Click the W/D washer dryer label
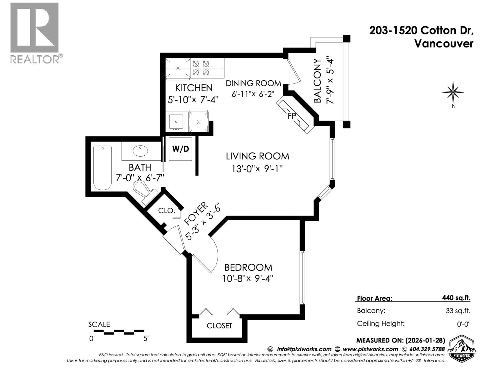click(181, 149)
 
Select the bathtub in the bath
click(102, 168)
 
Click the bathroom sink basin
click(140, 151)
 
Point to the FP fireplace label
click(292, 116)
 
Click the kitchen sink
click(176, 121)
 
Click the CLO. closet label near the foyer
click(166, 211)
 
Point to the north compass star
click(453, 92)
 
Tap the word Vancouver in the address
click(444, 44)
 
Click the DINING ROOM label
click(253, 83)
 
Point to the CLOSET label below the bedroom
click(219, 326)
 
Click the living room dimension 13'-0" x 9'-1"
click(257, 169)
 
